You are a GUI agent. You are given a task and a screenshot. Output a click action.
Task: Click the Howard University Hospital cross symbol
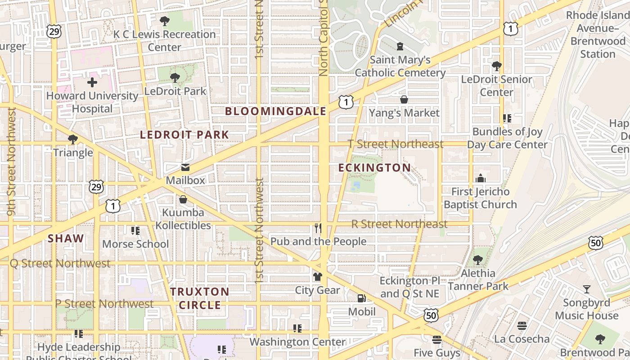coord(92,82)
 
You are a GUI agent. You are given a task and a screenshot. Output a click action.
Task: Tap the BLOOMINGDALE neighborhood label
coord(275,111)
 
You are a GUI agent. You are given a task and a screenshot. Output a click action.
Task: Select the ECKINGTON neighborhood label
coord(374,168)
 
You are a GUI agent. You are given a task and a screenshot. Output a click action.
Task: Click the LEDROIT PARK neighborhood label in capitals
coord(184,135)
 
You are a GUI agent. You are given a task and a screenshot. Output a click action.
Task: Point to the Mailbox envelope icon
coord(185,168)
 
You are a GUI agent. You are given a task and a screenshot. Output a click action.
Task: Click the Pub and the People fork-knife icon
coord(318,228)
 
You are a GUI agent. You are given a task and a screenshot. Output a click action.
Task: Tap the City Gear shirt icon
coord(318,277)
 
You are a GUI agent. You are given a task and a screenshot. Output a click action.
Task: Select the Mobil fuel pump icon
coord(361,298)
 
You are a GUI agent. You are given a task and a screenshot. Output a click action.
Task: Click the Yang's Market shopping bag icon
coord(404,99)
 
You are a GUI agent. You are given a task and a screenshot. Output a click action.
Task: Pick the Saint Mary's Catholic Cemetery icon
coord(400,46)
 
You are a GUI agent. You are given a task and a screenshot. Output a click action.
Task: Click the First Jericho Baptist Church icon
coord(481,178)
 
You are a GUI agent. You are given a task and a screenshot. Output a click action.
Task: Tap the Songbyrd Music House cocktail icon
coord(587,289)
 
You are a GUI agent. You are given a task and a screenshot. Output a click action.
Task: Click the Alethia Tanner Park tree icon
coord(478,260)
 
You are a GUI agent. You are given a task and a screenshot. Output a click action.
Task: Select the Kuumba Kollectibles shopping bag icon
coord(183,199)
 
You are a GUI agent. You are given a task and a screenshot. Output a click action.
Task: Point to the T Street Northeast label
coord(396,144)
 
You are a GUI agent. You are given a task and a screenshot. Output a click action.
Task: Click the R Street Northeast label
coord(399,224)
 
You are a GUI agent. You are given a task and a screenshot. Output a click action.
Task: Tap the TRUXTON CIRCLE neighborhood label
coord(200,298)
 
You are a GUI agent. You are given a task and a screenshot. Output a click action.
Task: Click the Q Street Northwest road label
coord(60,263)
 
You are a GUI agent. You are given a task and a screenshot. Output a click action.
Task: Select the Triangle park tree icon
coord(72,139)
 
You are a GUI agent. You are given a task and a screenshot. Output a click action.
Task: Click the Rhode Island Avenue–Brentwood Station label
coord(598,35)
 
